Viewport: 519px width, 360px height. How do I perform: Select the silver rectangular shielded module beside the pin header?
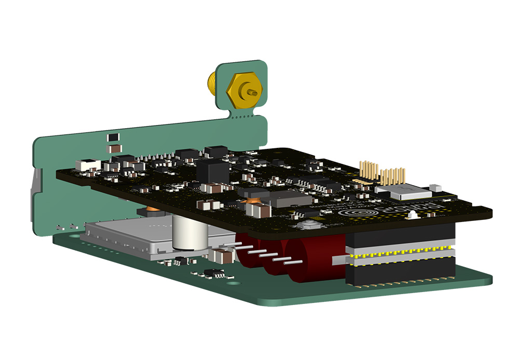(409, 193)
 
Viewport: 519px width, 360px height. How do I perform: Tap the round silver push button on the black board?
(310, 226)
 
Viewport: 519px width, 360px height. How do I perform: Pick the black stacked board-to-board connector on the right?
(400, 257)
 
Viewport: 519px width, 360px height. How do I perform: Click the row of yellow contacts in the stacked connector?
(400, 255)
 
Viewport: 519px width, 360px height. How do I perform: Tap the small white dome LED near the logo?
(412, 213)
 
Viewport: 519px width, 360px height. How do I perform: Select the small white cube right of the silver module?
(435, 187)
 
